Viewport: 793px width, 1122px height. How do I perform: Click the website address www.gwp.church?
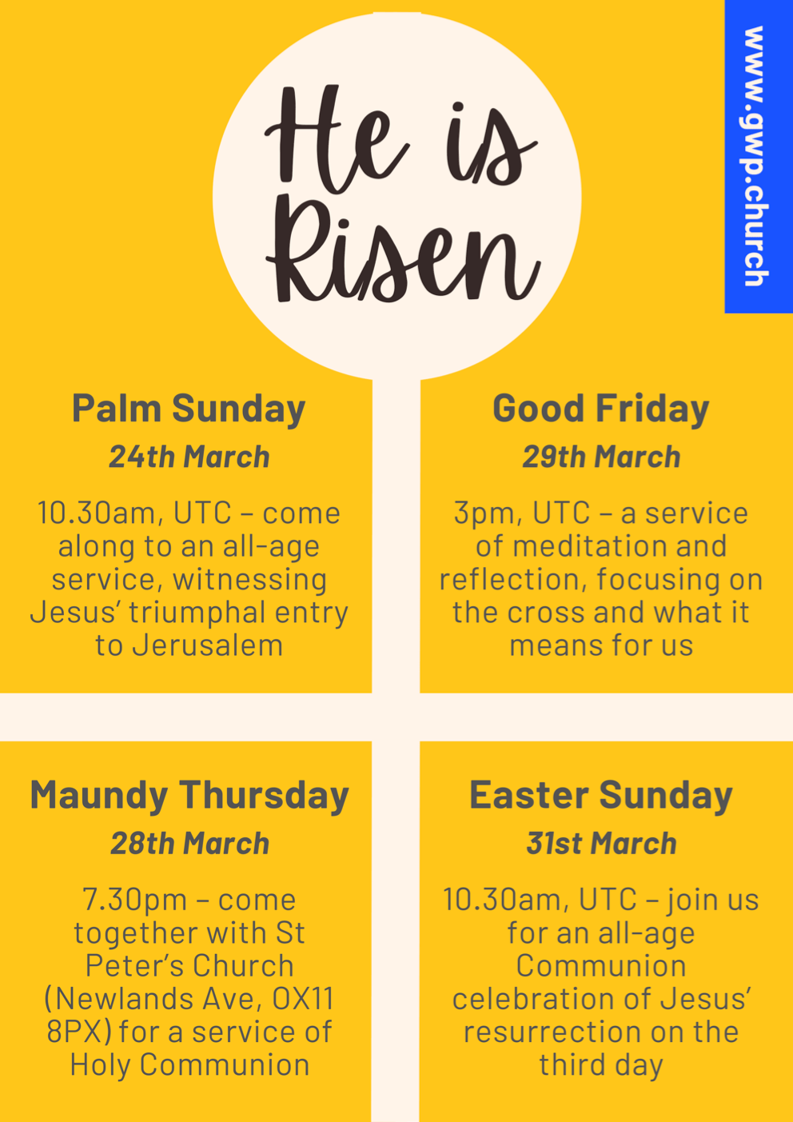[755, 156]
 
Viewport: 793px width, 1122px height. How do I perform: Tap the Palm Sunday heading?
[189, 409]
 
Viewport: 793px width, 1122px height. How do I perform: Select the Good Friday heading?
[601, 409]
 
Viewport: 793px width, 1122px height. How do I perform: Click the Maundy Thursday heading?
[189, 796]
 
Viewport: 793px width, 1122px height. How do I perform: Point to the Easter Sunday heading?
[601, 796]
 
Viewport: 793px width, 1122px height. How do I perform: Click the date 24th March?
[189, 457]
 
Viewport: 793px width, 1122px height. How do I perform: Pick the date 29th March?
[601, 457]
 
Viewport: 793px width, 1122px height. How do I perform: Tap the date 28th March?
[189, 844]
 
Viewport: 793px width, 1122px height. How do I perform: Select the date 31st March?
[601, 844]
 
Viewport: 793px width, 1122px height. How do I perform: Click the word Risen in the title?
[400, 256]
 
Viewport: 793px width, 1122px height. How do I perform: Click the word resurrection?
[552, 1032]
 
